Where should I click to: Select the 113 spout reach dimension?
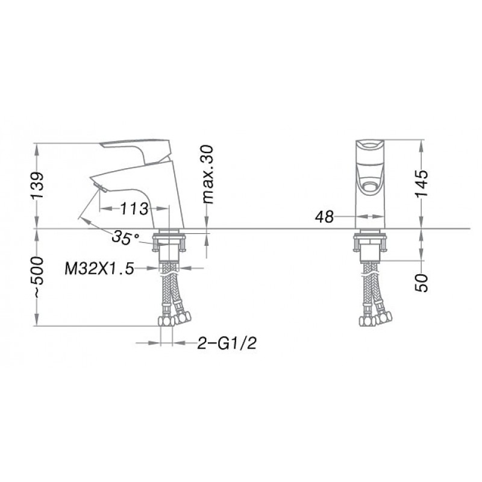pyautogui.click(x=134, y=208)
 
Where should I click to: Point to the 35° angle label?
pyautogui.click(x=125, y=237)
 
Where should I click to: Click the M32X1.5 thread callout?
pyautogui.click(x=99, y=269)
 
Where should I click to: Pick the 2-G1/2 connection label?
pyautogui.click(x=227, y=343)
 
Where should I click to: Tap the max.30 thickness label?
pyautogui.click(x=208, y=175)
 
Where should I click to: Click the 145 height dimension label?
pyautogui.click(x=421, y=184)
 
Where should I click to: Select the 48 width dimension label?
pyautogui.click(x=324, y=218)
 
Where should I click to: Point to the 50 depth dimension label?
pyautogui.click(x=421, y=283)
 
